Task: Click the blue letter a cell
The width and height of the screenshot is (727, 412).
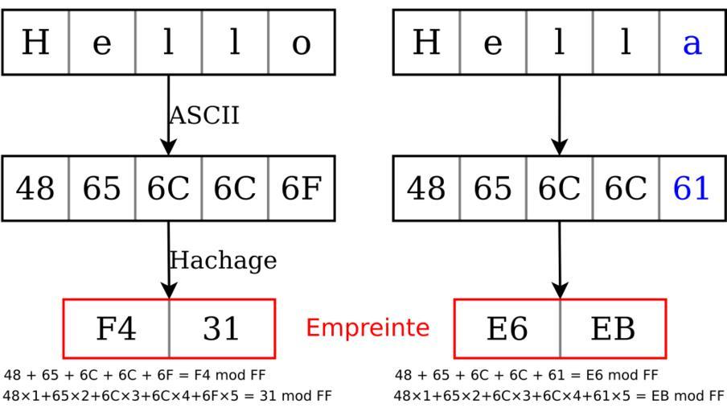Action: click(692, 43)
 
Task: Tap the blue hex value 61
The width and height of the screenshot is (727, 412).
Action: click(692, 188)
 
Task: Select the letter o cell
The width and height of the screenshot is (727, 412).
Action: click(301, 43)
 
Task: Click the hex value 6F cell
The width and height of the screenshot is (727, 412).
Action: click(301, 188)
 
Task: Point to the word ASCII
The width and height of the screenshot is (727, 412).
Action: click(204, 115)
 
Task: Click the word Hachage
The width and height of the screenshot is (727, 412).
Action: click(223, 261)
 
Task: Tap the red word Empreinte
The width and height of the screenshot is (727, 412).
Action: click(368, 328)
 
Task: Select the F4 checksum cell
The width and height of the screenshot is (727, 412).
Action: click(117, 328)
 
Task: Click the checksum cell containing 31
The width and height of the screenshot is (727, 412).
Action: click(221, 328)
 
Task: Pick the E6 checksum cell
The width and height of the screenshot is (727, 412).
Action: click(507, 328)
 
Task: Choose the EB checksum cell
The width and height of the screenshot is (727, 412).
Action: click(613, 328)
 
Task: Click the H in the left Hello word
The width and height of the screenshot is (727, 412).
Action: click(35, 43)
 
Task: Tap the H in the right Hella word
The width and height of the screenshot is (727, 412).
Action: click(426, 43)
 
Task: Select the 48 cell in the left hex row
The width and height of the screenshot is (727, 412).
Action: click(35, 188)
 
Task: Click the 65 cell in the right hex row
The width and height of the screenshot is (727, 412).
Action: click(492, 188)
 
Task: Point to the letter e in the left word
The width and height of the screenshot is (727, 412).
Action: click(102, 43)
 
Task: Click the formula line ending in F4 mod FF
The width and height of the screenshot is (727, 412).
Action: click(135, 376)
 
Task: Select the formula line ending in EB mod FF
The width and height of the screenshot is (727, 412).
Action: click(559, 396)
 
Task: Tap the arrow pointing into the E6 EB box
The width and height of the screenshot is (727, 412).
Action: click(560, 261)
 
